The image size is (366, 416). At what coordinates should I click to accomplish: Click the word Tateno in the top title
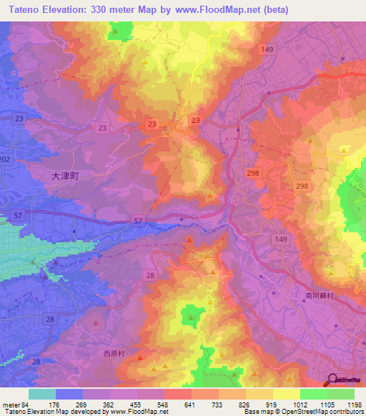click(21, 9)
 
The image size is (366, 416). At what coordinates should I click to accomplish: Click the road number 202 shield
click(6, 159)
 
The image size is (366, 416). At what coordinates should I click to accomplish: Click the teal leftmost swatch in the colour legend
click(41, 394)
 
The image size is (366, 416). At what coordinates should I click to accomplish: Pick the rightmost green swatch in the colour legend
click(340, 394)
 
